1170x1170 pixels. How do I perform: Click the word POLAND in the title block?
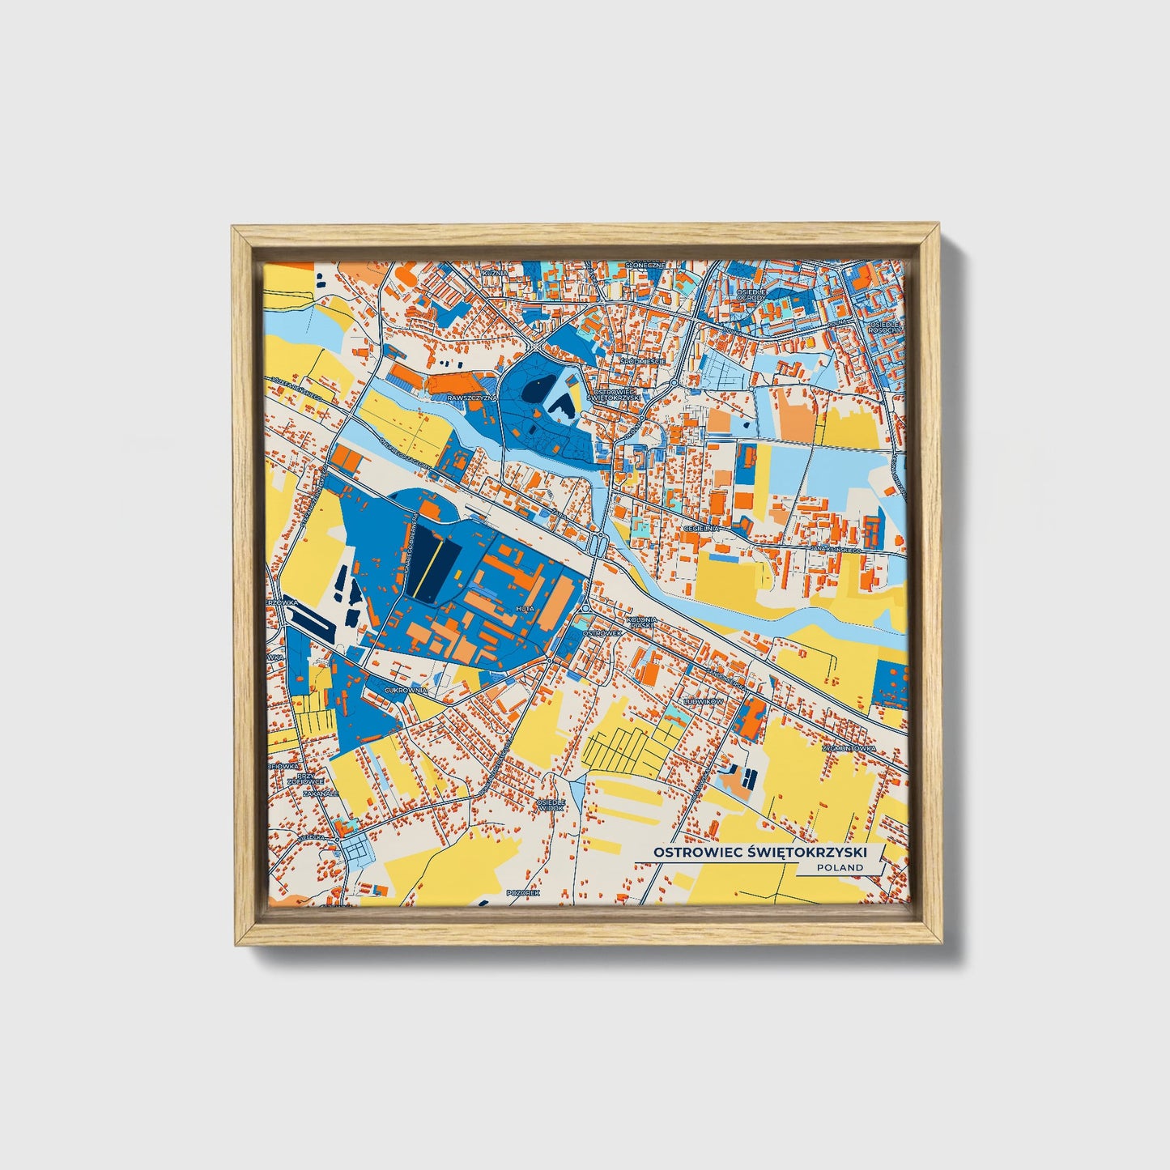click(x=840, y=867)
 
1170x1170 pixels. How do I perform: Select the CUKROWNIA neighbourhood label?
click(x=406, y=690)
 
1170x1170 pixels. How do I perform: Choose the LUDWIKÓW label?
click(x=703, y=701)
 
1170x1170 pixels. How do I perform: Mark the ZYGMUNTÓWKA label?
click(x=849, y=749)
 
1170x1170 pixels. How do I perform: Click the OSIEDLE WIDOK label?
click(x=551, y=805)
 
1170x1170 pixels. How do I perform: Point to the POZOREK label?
click(x=522, y=892)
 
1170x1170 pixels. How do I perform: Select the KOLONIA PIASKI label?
click(x=645, y=622)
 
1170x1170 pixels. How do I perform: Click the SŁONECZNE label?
click(x=645, y=265)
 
